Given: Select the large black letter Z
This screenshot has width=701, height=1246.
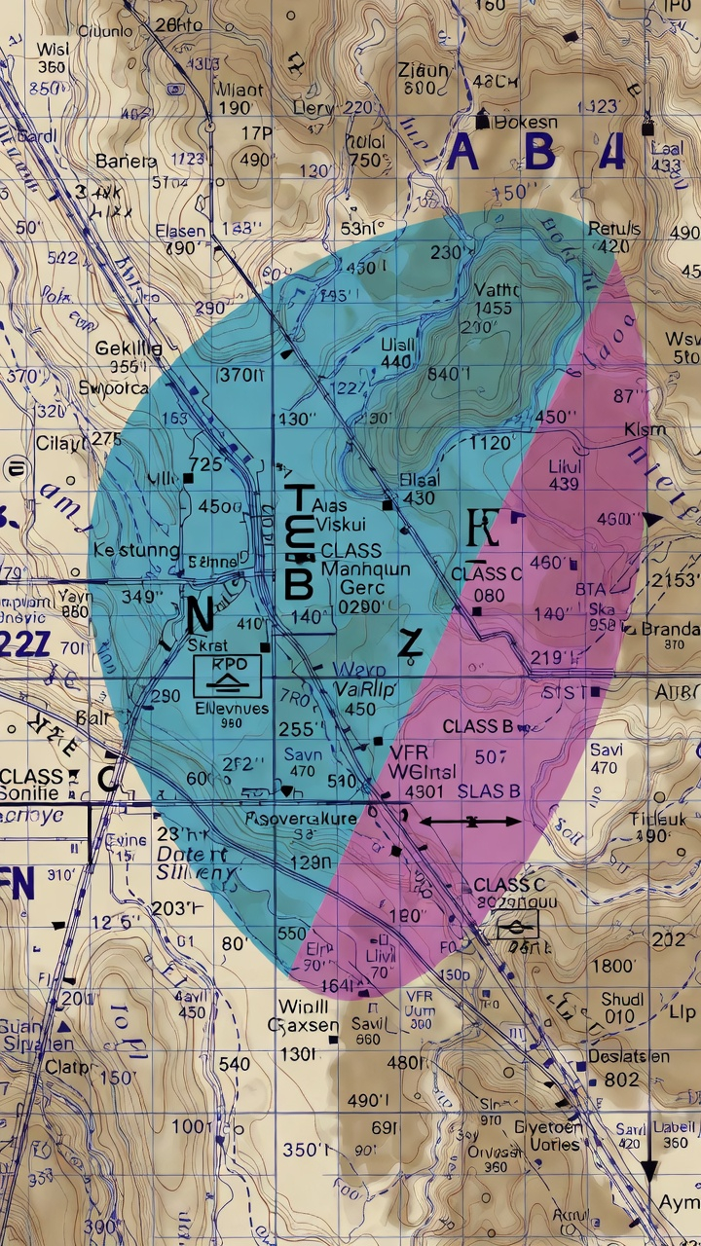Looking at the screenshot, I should click(x=411, y=642).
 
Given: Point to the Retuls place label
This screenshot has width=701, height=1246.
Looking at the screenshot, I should click(x=614, y=229).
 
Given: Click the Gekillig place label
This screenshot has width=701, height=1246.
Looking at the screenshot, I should click(x=129, y=348).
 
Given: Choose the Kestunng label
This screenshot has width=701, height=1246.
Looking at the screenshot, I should click(x=135, y=551).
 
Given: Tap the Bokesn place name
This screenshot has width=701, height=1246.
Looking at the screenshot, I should click(x=526, y=123).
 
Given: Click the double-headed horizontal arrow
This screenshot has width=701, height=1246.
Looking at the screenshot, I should click(x=471, y=823).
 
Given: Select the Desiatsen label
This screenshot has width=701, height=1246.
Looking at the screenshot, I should click(x=628, y=1056).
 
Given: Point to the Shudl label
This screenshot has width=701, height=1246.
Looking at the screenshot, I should click(x=621, y=1000).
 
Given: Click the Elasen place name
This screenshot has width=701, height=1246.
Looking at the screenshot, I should click(x=180, y=232).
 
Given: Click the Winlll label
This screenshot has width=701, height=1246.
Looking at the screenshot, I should click(x=302, y=1006).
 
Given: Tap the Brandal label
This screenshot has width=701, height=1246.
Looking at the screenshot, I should click(x=670, y=628).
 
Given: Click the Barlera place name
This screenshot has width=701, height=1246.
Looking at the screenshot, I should click(x=126, y=161).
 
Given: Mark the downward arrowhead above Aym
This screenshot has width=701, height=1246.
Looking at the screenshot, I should click(x=648, y=1174).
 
